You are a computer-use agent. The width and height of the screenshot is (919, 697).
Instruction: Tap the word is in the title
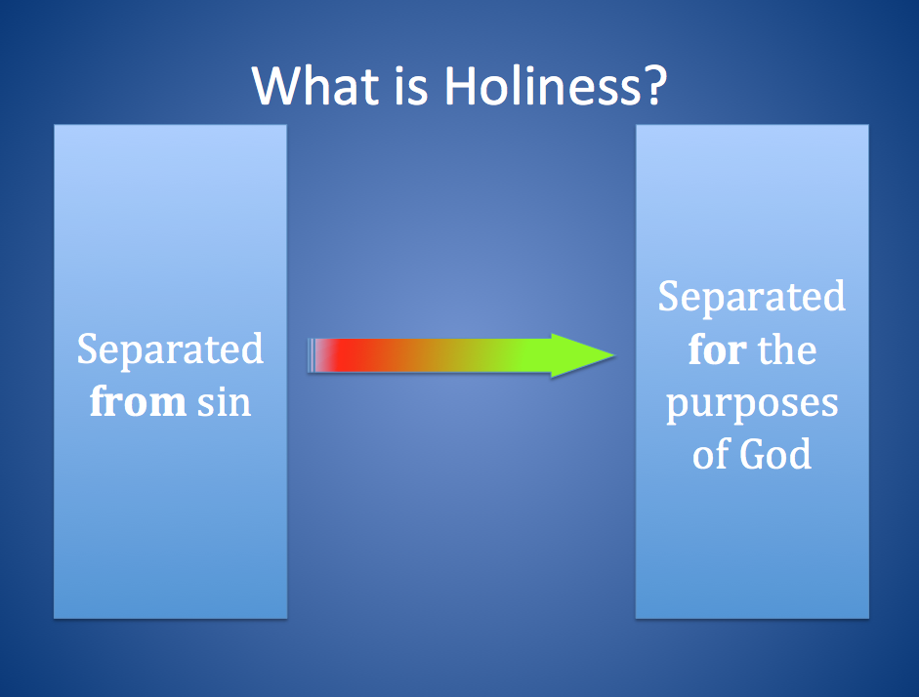(x=402, y=87)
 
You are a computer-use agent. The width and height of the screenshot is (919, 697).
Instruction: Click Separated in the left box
(x=170, y=349)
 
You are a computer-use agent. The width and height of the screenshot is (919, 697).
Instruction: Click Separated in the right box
(x=752, y=297)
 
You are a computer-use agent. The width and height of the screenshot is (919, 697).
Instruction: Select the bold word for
(x=717, y=349)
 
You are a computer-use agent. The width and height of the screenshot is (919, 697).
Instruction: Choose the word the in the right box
(x=788, y=349)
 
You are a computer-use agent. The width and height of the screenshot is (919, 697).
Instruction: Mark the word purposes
(x=752, y=403)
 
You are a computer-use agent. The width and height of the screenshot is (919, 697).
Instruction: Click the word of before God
(x=710, y=455)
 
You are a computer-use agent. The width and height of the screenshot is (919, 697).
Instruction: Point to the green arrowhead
(x=581, y=355)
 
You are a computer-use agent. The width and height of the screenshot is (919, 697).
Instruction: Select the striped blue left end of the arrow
(x=313, y=355)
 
